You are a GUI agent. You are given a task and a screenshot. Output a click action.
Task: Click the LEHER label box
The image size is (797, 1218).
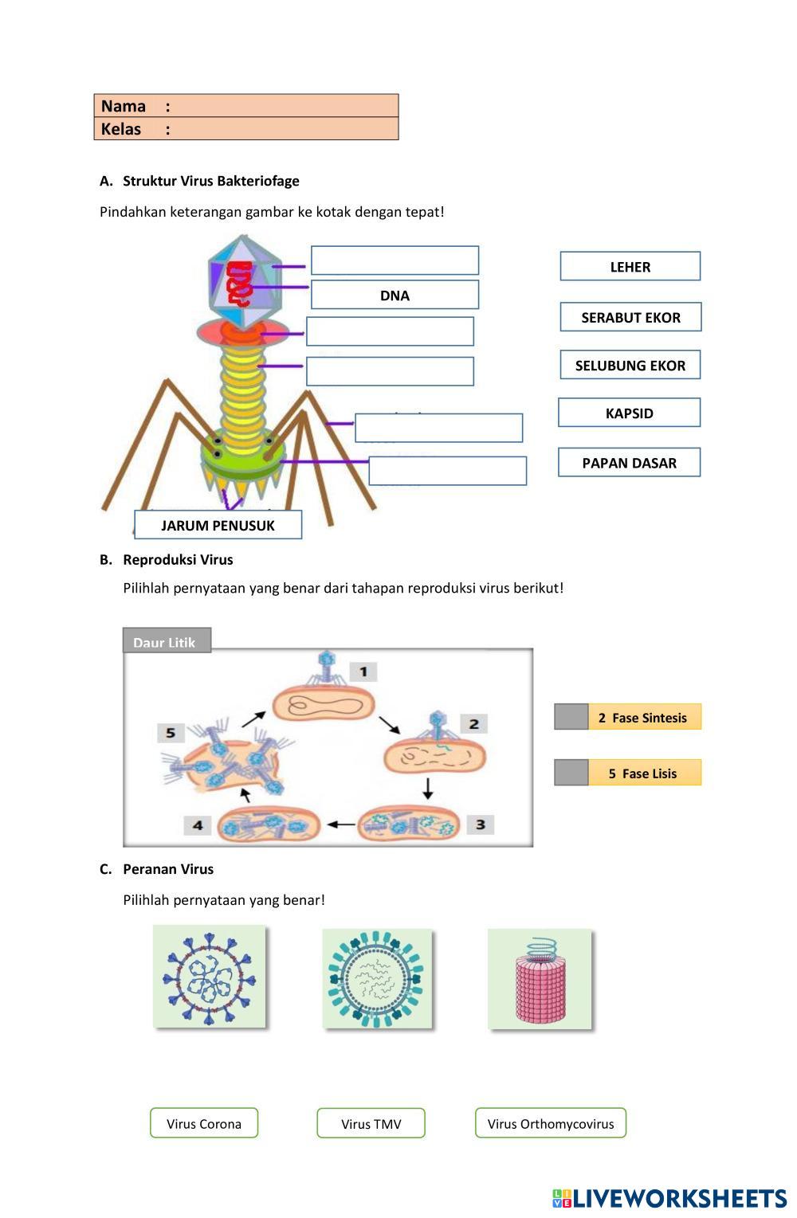pos(630,267)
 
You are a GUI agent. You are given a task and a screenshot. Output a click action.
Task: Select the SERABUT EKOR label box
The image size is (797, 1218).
pos(630,317)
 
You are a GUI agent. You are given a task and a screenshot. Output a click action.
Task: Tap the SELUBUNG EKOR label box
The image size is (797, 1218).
pos(630,365)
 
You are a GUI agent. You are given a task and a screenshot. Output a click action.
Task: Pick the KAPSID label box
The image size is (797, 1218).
pos(629,413)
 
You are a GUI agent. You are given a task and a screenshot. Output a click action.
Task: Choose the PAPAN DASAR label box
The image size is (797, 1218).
pos(629,463)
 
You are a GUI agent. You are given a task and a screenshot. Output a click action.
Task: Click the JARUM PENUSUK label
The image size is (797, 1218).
pos(218,525)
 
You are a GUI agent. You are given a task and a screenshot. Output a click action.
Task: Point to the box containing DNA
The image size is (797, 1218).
pos(395,295)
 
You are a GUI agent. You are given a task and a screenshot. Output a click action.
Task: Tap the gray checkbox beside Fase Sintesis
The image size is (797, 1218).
pos(571,717)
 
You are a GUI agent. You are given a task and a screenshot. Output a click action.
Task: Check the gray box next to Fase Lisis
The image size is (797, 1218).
pos(571,773)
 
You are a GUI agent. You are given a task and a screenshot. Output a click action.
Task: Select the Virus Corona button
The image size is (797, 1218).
pos(204,1123)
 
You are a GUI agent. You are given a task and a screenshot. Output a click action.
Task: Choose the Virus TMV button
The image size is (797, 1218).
pos(371,1123)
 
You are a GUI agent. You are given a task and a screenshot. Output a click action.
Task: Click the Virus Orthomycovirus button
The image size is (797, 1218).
pos(551,1123)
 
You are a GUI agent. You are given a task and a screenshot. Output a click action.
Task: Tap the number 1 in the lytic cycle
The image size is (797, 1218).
pos(363,672)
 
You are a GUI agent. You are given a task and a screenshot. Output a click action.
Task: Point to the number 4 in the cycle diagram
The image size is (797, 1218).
pos(197,825)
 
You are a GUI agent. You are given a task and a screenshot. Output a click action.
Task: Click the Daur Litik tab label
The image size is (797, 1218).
pos(166,642)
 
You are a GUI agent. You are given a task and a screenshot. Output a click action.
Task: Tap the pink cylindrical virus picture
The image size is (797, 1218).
pos(540,979)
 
